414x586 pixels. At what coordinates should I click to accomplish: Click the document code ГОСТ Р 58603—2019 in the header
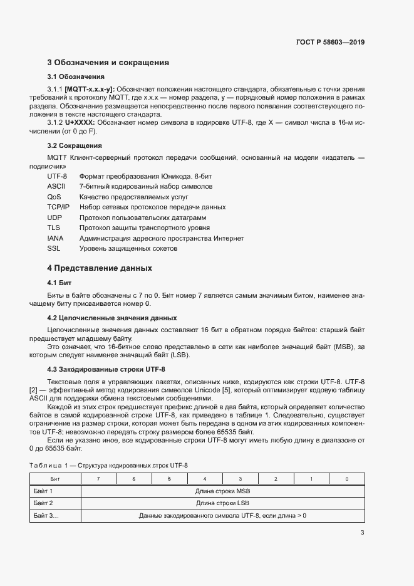(329, 43)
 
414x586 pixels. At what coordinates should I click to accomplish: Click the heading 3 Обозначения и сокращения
(108, 63)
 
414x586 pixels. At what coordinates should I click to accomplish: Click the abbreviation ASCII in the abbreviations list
(56, 187)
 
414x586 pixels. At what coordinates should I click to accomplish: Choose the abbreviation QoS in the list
(54, 197)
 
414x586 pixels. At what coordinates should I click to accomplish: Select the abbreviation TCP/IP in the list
(58, 207)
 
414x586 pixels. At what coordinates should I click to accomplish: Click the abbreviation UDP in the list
(54, 217)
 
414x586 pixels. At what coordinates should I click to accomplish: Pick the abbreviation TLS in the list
(53, 228)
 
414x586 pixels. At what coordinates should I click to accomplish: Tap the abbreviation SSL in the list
(53, 249)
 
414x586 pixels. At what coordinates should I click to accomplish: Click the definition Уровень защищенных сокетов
(128, 249)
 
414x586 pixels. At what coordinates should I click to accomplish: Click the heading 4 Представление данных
(100, 268)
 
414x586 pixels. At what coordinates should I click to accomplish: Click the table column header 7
(98, 479)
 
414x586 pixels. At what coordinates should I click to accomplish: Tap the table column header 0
(346, 479)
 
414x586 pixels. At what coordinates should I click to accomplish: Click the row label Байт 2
(43, 503)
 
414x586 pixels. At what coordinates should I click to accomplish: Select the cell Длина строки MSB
(222, 491)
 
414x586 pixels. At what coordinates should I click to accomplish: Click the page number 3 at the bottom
(362, 533)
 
